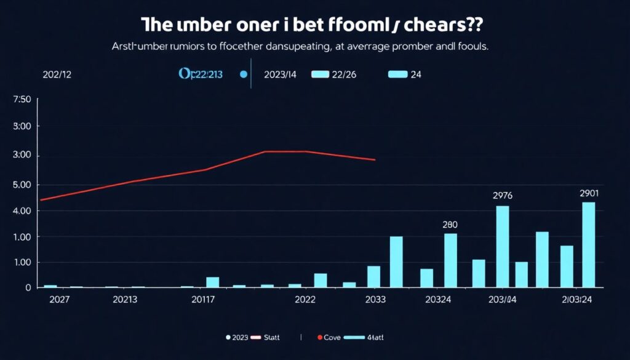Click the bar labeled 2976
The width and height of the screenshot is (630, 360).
pyautogui.click(x=503, y=246)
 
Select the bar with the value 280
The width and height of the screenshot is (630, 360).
pyautogui.click(x=450, y=260)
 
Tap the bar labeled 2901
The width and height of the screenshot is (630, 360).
pyautogui.click(x=589, y=245)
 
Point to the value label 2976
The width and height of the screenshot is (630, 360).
pyautogui.click(x=503, y=196)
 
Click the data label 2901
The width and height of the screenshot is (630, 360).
pyautogui.click(x=589, y=193)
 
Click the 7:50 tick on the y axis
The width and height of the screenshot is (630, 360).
pyautogui.click(x=22, y=100)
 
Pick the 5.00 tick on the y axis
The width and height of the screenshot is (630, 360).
pyautogui.click(x=22, y=185)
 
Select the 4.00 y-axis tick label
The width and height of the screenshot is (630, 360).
pyautogui.click(x=22, y=210)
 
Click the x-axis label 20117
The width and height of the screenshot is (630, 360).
pyautogui.click(x=203, y=300)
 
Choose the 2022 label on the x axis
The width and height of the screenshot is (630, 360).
pyautogui.click(x=305, y=300)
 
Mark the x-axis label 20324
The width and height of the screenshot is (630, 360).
pyautogui.click(x=441, y=300)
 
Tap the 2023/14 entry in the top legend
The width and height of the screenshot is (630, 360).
pyautogui.click(x=280, y=74)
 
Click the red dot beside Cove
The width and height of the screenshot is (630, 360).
pyautogui.click(x=319, y=338)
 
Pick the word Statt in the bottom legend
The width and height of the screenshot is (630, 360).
pyautogui.click(x=272, y=338)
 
